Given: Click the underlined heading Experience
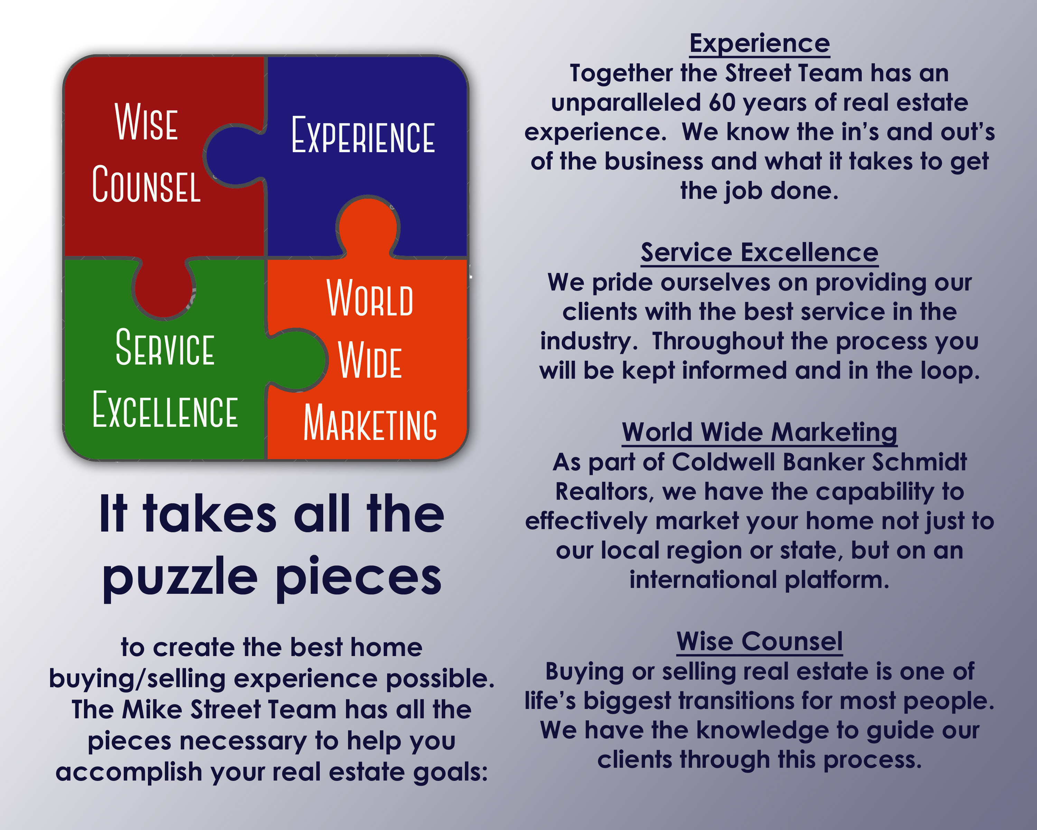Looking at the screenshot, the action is click(x=759, y=44).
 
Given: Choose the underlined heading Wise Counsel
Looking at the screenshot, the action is click(x=759, y=642).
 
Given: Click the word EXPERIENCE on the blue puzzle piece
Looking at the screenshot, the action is click(x=363, y=135).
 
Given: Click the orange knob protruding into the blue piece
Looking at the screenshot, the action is click(x=368, y=225).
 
